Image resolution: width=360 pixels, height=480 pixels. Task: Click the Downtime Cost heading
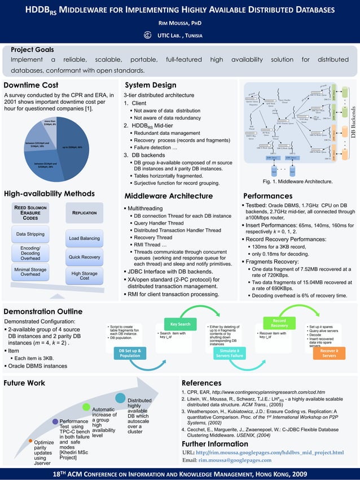(x=31, y=85)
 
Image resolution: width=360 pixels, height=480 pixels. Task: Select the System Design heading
(x=150, y=85)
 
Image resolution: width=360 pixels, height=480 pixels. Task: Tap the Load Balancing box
(x=84, y=238)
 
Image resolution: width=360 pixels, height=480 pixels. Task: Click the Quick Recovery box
(x=84, y=258)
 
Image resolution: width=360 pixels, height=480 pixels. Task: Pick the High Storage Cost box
(x=84, y=276)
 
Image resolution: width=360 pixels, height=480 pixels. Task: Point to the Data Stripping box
(x=30, y=234)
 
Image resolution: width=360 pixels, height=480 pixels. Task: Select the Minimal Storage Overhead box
(x=30, y=272)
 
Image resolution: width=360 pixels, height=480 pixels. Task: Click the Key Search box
(x=179, y=324)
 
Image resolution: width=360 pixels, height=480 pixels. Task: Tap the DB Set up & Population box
(x=130, y=353)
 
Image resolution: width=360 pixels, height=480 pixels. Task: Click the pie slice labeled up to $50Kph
(x=72, y=148)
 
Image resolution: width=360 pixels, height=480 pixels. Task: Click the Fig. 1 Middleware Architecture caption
(x=297, y=182)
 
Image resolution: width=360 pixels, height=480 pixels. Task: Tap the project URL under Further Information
(x=262, y=452)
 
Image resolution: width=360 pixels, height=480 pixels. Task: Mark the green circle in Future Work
(x=87, y=406)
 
